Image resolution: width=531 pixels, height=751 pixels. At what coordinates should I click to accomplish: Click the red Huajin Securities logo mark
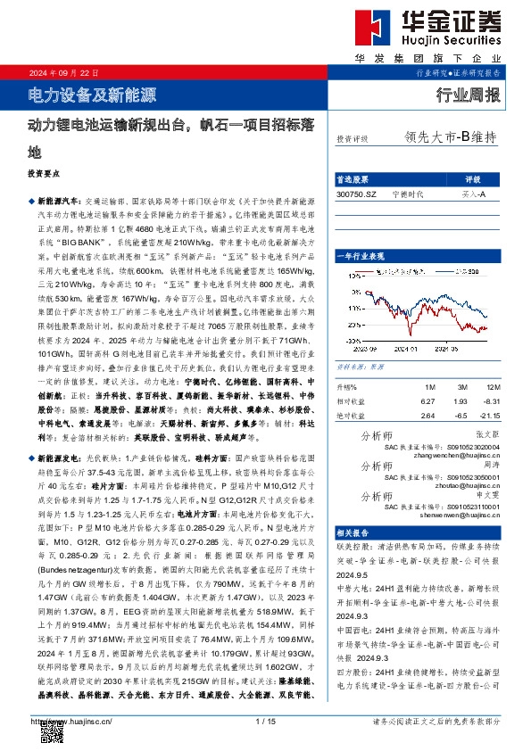(365, 32)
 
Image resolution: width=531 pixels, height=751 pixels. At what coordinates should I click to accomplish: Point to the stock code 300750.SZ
(358, 193)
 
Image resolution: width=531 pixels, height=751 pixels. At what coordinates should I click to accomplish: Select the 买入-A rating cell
(473, 193)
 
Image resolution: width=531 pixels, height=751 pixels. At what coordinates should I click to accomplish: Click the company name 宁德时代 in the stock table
(407, 193)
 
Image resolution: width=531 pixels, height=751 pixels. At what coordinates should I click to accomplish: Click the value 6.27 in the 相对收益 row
(427, 401)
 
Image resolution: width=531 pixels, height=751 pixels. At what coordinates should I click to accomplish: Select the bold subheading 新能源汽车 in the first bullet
(63, 202)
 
